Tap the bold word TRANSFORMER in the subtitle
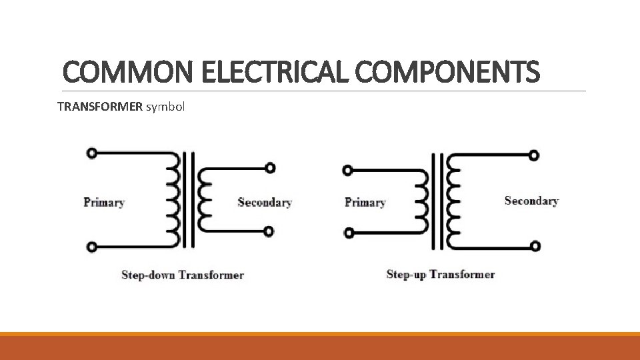tap(100, 106)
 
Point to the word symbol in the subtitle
tap(165, 106)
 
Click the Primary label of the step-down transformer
tap(104, 202)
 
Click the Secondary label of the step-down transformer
tap(265, 202)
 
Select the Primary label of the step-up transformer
tap(365, 202)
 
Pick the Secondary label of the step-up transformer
tap(531, 201)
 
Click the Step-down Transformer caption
tap(183, 275)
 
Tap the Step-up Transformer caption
tap(441, 274)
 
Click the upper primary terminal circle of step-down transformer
tap(92, 153)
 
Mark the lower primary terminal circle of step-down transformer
tap(92, 247)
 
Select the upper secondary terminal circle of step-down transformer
tap(269, 168)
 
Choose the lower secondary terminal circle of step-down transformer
tap(269, 232)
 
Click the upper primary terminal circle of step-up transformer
tap(347, 171)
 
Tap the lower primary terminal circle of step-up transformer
tap(347, 233)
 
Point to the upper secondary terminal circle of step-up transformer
tap(534, 155)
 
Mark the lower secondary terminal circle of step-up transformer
tap(535, 246)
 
